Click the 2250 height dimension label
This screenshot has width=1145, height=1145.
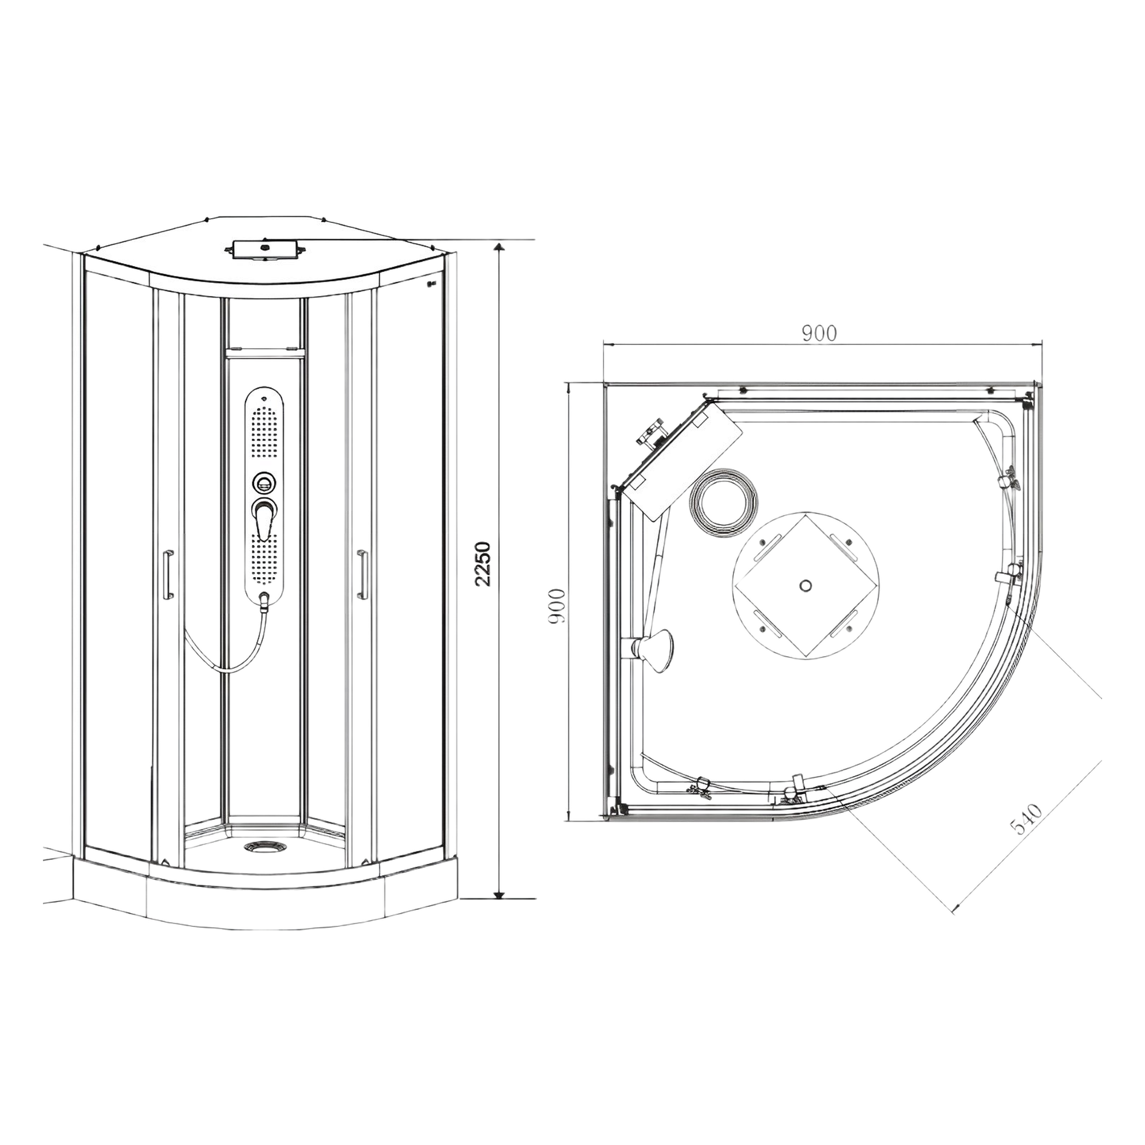click(x=484, y=563)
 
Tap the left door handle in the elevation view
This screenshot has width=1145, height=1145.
click(x=168, y=573)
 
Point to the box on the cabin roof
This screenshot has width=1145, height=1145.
click(x=264, y=250)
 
